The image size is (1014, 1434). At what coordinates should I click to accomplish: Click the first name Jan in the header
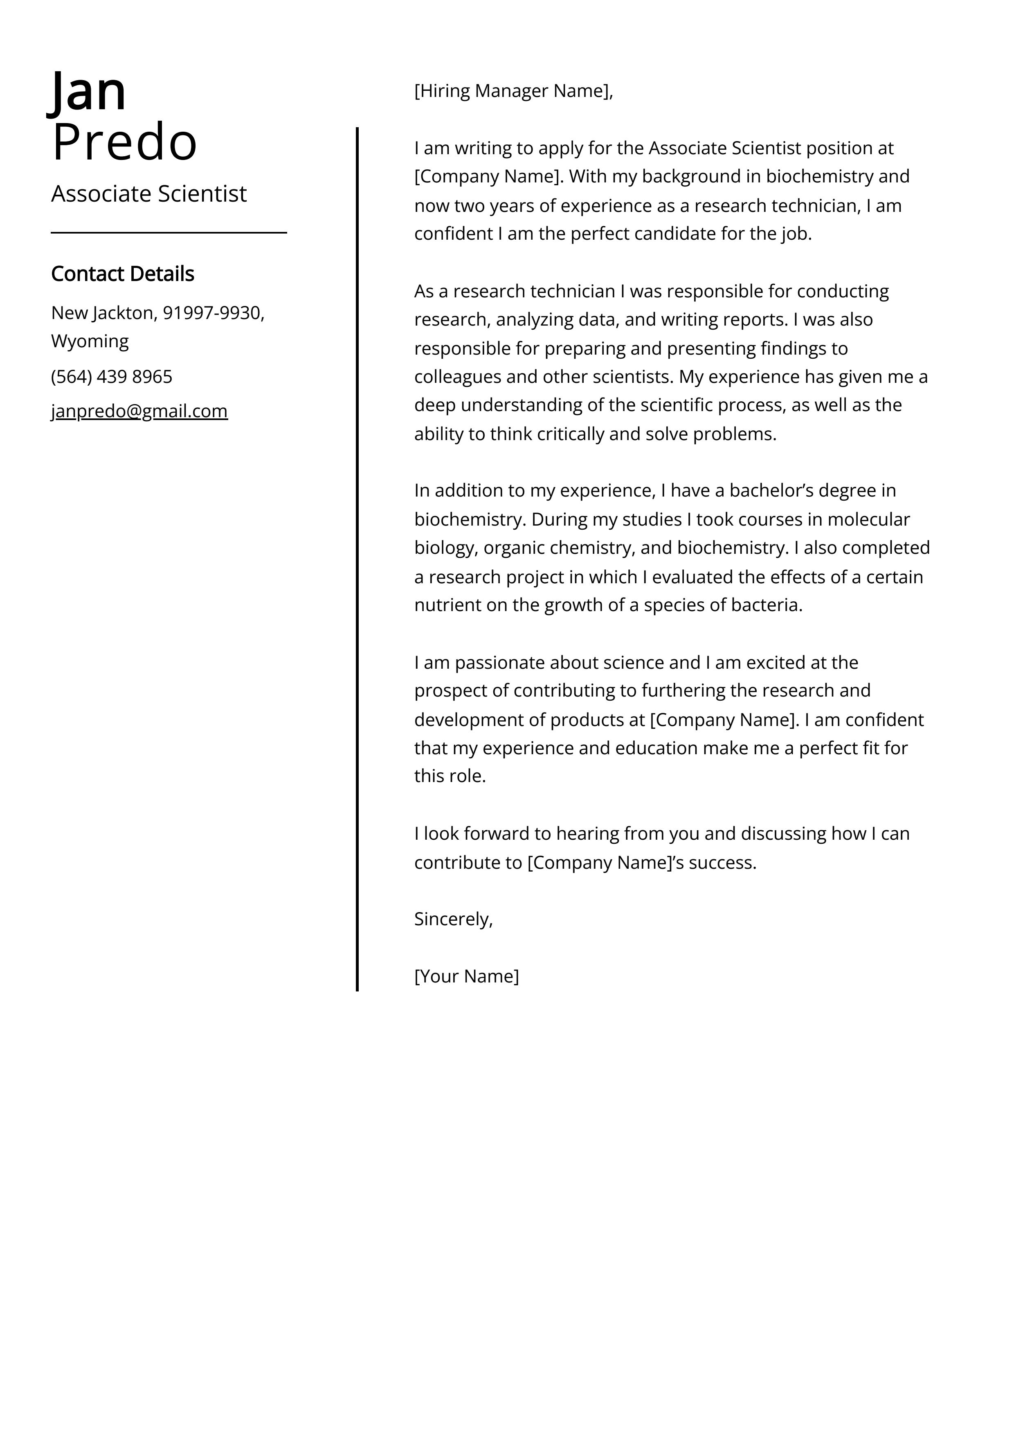click(x=88, y=92)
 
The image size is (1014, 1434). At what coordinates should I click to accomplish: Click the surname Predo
click(x=124, y=142)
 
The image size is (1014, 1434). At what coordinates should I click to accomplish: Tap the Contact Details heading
click(x=122, y=274)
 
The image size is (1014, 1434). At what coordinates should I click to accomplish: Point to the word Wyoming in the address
click(x=90, y=342)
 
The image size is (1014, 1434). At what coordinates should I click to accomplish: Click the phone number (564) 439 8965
click(x=112, y=377)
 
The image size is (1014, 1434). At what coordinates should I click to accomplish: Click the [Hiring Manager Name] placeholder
click(x=512, y=91)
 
